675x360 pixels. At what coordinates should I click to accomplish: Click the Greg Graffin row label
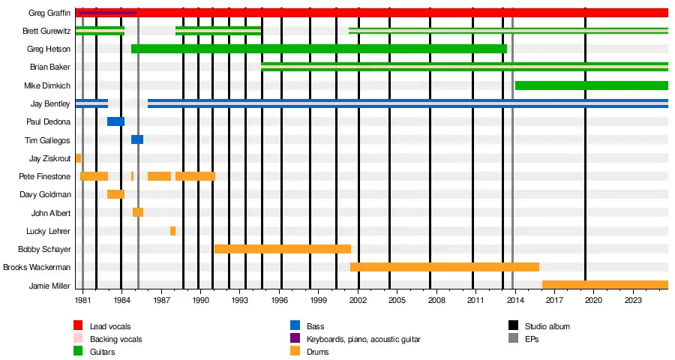point(50,13)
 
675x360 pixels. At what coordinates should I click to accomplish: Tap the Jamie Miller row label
point(49,285)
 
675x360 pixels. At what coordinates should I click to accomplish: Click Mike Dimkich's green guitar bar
point(591,85)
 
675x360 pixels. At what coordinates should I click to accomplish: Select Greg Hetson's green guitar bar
point(319,49)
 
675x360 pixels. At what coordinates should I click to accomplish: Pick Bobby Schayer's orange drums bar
point(283,249)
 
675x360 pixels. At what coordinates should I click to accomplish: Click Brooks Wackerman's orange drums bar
point(444,267)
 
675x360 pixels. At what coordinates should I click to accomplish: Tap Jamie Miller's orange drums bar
point(604,285)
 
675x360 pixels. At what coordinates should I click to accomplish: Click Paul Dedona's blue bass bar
point(115,121)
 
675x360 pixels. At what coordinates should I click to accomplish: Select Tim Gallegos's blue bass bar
point(137,139)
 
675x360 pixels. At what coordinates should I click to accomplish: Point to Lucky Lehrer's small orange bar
point(172,231)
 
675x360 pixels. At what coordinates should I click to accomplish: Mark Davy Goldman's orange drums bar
point(115,194)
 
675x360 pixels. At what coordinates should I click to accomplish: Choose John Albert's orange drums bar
point(138,212)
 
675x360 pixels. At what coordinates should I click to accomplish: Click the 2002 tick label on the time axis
point(358,300)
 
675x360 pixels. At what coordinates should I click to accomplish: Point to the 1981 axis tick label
point(83,300)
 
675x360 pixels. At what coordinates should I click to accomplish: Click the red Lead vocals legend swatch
point(77,326)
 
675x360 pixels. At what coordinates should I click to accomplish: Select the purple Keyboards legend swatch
point(295,339)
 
